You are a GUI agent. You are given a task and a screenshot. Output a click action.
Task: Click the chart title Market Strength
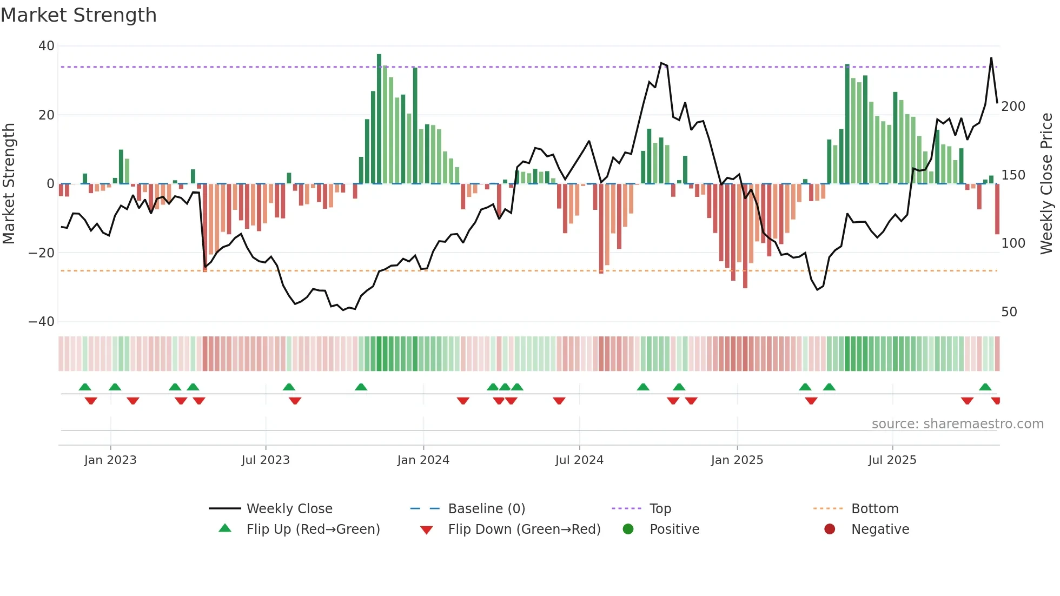[x=78, y=15]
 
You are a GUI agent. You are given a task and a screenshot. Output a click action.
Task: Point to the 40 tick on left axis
[x=47, y=46]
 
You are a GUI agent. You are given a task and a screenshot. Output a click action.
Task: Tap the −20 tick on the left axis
[x=42, y=253]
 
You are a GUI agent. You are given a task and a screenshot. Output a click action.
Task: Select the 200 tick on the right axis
[x=1013, y=107]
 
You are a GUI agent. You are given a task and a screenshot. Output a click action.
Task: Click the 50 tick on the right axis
[x=1009, y=312]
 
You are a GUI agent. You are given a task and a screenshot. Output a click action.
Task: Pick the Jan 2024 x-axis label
[x=423, y=460]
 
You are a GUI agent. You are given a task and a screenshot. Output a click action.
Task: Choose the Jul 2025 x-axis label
[x=892, y=460]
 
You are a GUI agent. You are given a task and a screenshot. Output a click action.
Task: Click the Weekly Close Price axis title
[x=1046, y=184]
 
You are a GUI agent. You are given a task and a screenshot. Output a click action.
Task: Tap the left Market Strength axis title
[x=9, y=184]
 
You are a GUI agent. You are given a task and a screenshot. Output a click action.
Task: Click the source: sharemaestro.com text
[x=957, y=424]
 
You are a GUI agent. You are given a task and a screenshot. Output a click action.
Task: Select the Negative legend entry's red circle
[x=830, y=529]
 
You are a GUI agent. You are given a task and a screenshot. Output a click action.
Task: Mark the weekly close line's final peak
[x=991, y=58]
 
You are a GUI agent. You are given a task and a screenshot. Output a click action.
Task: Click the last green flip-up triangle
[x=985, y=387]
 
